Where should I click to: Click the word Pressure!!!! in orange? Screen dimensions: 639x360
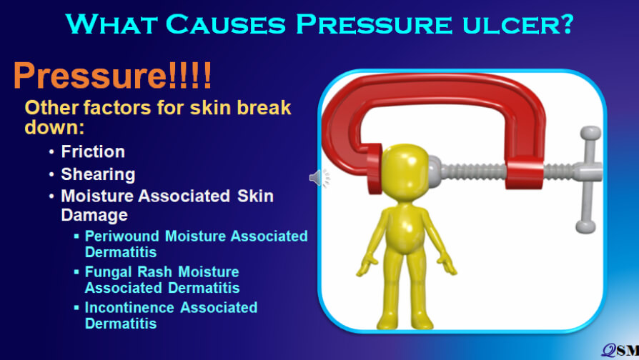(112, 75)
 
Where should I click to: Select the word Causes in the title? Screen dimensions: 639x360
(226, 24)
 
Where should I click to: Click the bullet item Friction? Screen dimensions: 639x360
(93, 151)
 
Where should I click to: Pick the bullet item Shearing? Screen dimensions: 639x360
(98, 174)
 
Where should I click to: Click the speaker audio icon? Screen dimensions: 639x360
(319, 178)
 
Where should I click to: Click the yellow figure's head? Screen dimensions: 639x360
(405, 170)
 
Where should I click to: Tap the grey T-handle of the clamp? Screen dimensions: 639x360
(588, 179)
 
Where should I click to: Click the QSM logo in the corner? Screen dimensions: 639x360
(620, 350)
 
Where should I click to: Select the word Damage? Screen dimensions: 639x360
(94, 215)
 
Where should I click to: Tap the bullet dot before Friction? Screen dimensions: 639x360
(51, 152)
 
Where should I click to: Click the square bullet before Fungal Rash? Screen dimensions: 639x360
(76, 271)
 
